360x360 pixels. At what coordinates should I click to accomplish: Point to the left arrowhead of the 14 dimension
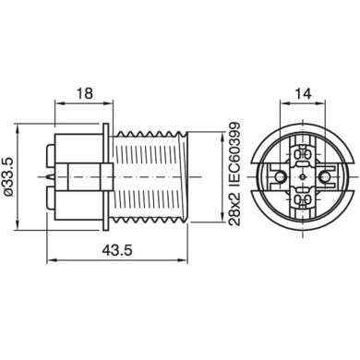[x=284, y=103]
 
